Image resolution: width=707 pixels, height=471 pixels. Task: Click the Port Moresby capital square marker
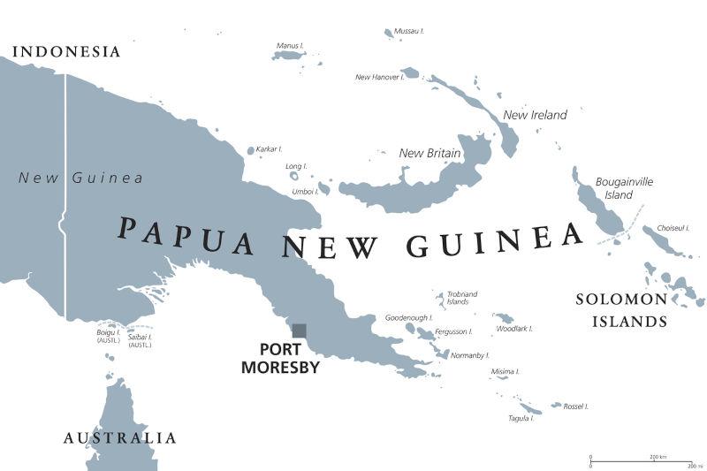(x=300, y=330)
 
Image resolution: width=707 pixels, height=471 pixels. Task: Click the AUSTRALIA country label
(x=119, y=437)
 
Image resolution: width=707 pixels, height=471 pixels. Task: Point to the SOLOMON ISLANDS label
(x=621, y=310)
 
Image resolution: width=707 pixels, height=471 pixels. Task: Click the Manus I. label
(x=289, y=45)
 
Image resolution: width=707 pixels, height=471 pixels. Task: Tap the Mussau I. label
(x=408, y=31)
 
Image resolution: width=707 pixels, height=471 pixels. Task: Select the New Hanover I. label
(x=379, y=77)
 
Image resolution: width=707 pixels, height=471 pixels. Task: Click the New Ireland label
(x=535, y=115)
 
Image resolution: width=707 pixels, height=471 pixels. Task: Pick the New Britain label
(x=430, y=153)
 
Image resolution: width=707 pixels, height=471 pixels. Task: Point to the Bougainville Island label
(x=624, y=187)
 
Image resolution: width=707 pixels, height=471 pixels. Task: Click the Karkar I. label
(x=269, y=149)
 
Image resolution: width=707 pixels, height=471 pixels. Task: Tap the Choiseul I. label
(x=673, y=227)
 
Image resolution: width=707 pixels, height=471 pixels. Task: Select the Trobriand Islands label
(x=462, y=297)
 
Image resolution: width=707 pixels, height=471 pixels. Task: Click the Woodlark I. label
(x=513, y=329)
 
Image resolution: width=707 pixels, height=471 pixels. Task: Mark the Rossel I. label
(x=575, y=406)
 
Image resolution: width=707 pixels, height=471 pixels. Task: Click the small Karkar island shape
(x=250, y=151)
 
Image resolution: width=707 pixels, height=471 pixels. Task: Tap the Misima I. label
(x=505, y=372)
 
